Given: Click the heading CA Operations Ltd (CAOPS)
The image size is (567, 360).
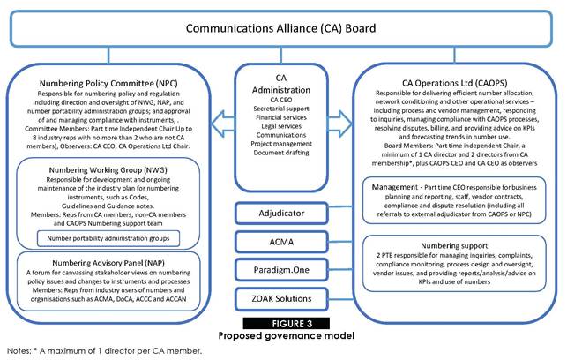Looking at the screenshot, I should coord(451,84).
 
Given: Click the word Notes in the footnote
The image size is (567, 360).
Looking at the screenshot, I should coord(18,350).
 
